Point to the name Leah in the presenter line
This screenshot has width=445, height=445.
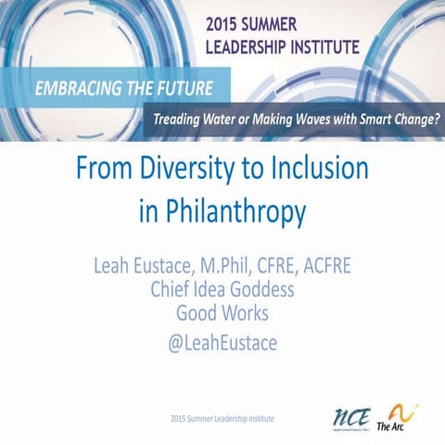point(114,268)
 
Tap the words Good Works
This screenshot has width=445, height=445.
point(222,313)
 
